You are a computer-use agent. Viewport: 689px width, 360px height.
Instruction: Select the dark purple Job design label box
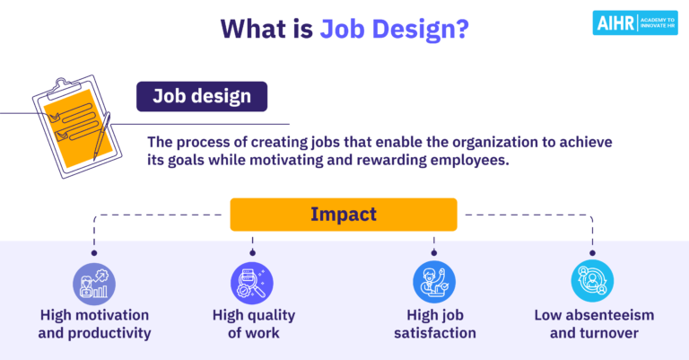(201, 96)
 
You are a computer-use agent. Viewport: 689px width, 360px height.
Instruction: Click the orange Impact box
(344, 215)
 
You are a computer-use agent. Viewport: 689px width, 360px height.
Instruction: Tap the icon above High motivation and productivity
(94, 282)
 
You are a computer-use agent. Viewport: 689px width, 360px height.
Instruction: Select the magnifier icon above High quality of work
(252, 282)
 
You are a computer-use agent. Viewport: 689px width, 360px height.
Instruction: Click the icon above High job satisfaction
(434, 282)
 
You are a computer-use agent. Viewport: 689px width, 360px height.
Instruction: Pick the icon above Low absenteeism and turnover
(593, 282)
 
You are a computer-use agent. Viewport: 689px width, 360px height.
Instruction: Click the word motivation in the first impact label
(111, 315)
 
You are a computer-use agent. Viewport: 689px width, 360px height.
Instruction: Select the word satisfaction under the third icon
(434, 333)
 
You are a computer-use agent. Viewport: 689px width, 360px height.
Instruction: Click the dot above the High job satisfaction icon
(434, 254)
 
